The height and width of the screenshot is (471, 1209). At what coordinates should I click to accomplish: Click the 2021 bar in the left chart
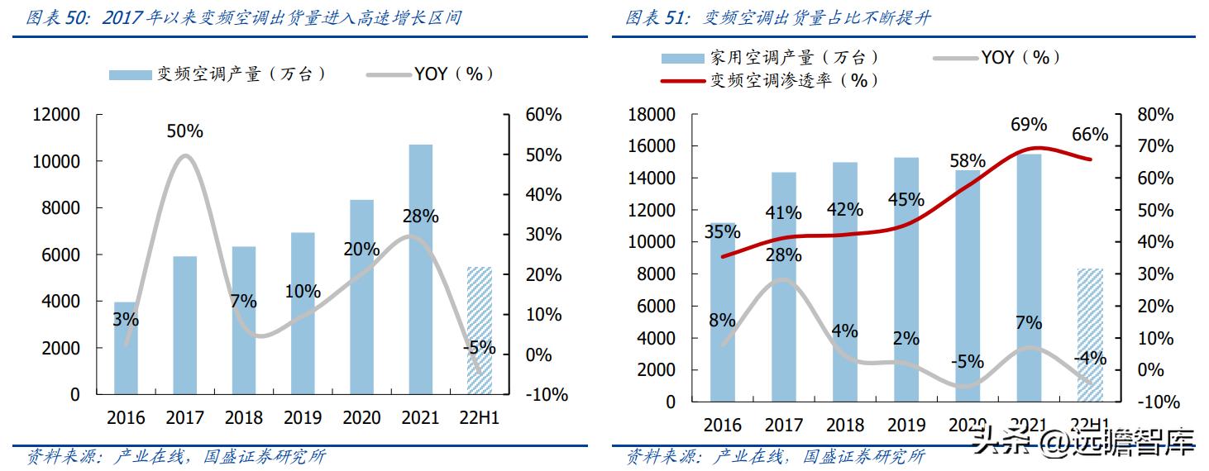pyautogui.click(x=420, y=269)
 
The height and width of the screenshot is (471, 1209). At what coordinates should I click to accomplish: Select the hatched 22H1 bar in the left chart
pyautogui.click(x=479, y=331)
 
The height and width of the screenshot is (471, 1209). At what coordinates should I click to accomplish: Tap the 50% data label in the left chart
pyautogui.click(x=184, y=131)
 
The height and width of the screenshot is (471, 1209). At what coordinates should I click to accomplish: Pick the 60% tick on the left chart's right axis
pyautogui.click(x=543, y=115)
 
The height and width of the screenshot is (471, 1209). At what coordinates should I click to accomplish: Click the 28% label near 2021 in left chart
pyautogui.click(x=420, y=216)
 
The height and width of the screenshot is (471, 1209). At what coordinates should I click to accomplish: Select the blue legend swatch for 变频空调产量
pyautogui.click(x=130, y=74)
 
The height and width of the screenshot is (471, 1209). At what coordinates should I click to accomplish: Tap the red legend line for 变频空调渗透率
pyautogui.click(x=683, y=81)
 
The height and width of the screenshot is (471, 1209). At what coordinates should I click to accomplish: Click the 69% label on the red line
pyautogui.click(x=1028, y=125)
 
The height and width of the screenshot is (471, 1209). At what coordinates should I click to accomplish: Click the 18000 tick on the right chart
pyautogui.click(x=652, y=115)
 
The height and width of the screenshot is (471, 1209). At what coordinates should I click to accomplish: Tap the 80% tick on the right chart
pyautogui.click(x=1154, y=115)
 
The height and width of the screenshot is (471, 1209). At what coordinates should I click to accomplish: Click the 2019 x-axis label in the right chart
pyautogui.click(x=906, y=426)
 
